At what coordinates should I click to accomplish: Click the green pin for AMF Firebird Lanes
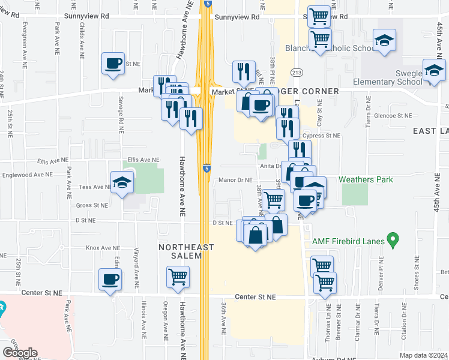[x=393, y=240]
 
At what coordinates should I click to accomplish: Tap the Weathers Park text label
[x=368, y=179]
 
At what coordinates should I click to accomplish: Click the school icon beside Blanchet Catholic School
[x=384, y=41]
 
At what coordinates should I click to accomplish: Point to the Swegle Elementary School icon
[x=434, y=71]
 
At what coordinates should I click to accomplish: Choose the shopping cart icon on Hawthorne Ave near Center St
[x=178, y=277]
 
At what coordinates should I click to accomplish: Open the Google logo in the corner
[x=20, y=353]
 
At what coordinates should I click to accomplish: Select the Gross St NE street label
[x=92, y=205]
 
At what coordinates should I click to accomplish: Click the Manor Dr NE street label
[x=235, y=179]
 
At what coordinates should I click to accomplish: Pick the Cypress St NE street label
[x=321, y=136]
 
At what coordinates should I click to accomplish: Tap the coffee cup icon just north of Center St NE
[x=110, y=279]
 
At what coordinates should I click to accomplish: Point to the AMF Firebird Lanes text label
[x=349, y=241]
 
